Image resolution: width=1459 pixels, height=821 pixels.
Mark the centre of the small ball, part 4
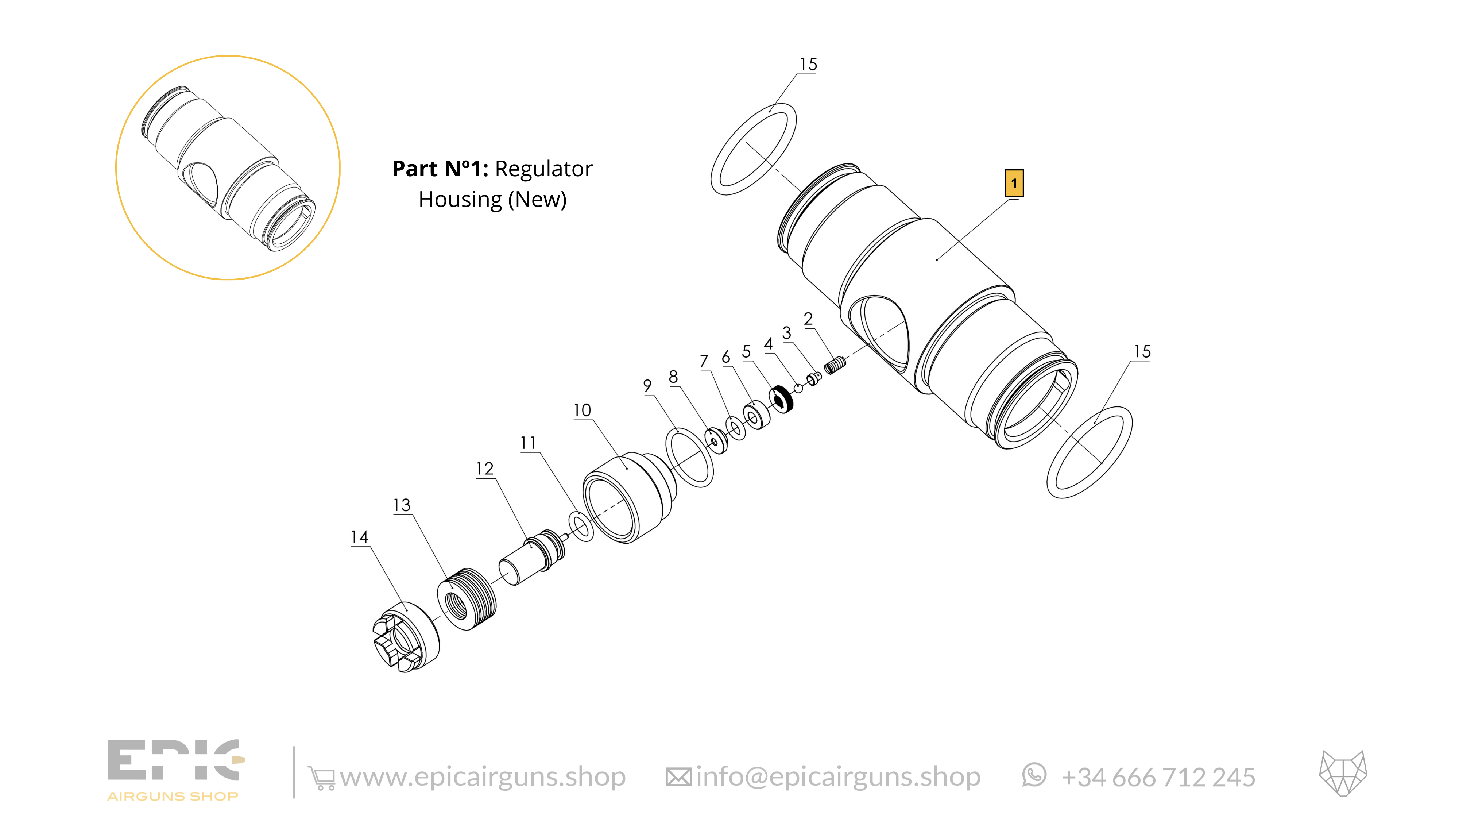tap(798, 388)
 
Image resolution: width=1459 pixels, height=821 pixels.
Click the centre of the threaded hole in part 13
tap(456, 604)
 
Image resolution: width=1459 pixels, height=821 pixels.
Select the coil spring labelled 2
tap(835, 366)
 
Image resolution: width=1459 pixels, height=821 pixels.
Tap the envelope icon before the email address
tap(678, 777)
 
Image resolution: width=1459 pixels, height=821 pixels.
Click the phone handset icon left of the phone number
tap(1034, 775)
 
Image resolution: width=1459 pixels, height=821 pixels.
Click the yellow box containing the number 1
tap(1014, 183)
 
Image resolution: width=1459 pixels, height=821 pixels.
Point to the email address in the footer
tap(838, 777)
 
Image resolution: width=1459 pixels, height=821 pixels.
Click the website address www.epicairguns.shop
tap(483, 777)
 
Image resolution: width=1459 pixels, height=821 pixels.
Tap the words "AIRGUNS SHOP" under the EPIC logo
tap(173, 797)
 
